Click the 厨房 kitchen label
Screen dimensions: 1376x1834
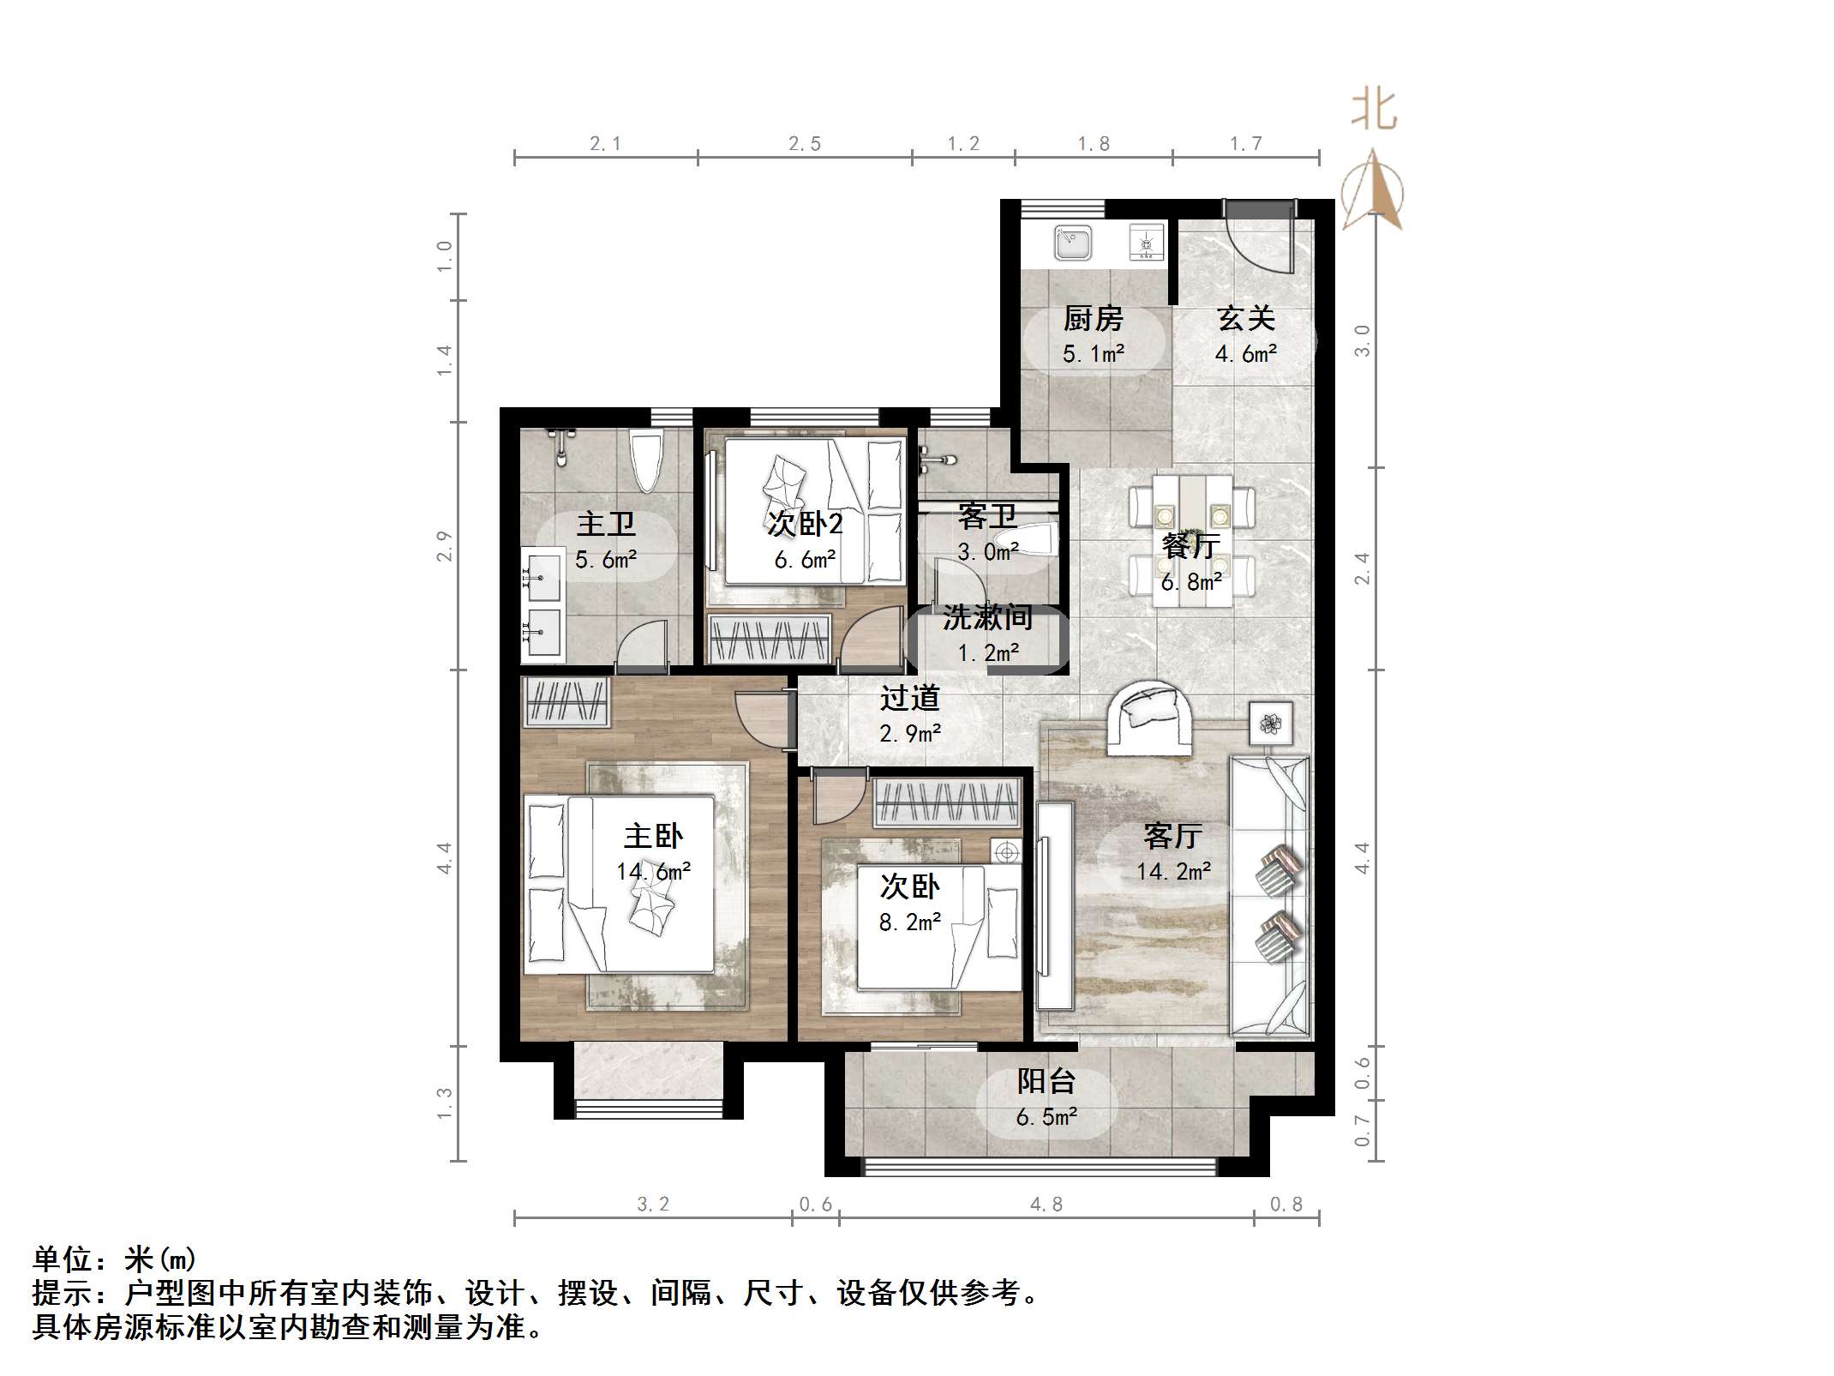click(x=1093, y=319)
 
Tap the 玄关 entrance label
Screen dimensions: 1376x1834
click(x=1245, y=319)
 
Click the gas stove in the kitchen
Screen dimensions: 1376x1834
click(x=1147, y=242)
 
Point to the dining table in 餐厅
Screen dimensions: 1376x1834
click(x=1192, y=542)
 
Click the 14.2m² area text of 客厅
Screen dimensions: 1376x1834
click(x=1173, y=872)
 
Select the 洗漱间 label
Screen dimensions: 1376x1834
click(x=987, y=617)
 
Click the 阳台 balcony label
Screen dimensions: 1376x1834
click(x=1046, y=1081)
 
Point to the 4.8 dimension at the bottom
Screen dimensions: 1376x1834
click(x=1046, y=1205)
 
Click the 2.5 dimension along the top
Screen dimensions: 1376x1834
click(x=804, y=144)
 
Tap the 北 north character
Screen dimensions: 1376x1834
click(x=1374, y=110)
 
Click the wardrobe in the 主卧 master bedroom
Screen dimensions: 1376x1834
click(x=566, y=701)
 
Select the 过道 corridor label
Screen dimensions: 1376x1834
click(x=909, y=698)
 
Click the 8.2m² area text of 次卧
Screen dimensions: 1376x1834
click(x=909, y=922)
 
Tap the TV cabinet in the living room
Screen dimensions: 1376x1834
click(x=1054, y=904)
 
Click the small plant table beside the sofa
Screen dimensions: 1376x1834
click(x=1270, y=724)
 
